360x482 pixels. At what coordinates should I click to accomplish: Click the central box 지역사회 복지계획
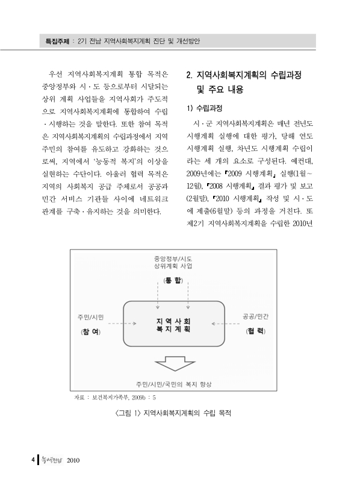coord(173,325)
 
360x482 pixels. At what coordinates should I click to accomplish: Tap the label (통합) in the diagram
coord(174,283)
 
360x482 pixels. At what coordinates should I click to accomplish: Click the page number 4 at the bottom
coord(33,460)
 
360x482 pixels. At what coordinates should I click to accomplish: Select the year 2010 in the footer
coord(73,460)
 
